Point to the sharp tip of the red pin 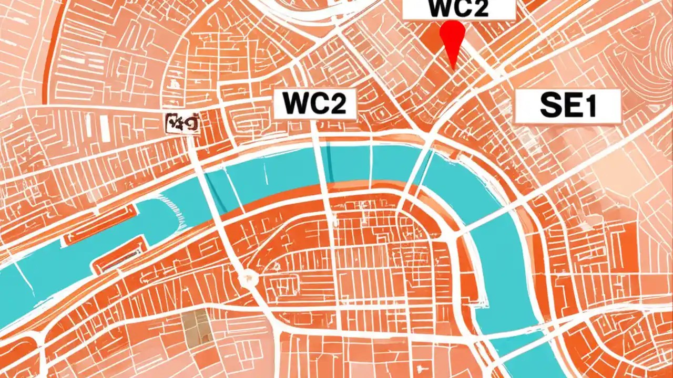click(x=453, y=69)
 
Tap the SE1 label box click(x=567, y=106)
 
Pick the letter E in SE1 click(x=572, y=107)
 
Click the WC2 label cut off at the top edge click(x=458, y=9)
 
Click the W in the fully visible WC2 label click(x=295, y=103)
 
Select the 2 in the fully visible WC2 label click(x=336, y=103)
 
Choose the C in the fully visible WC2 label click(x=317, y=103)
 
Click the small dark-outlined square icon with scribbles click(x=182, y=123)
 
